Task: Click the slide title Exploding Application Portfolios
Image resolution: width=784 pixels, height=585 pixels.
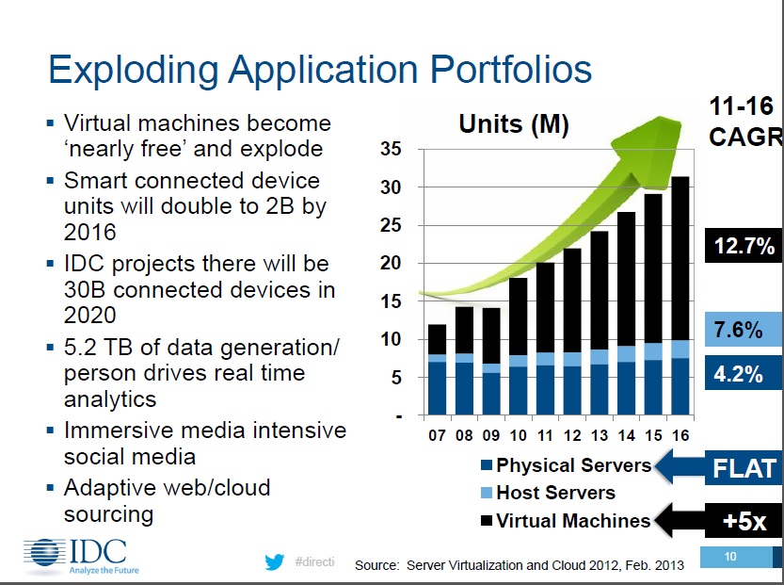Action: coord(320,71)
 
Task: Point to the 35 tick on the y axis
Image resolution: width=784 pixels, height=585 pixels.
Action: coord(392,150)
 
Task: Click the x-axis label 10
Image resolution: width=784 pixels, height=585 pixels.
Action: coord(519,437)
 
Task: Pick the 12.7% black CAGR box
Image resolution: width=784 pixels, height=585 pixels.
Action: coord(744,247)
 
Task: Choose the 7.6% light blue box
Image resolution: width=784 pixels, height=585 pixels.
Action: coord(744,330)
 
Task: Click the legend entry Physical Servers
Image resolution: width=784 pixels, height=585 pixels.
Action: coord(572,465)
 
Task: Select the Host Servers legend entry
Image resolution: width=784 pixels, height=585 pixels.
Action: coord(554,493)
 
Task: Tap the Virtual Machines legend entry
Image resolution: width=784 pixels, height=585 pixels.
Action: coord(572,520)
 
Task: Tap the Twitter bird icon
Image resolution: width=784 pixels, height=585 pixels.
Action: coord(275,561)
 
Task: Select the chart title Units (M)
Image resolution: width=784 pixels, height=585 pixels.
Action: coord(513,123)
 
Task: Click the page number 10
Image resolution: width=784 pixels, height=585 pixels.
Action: coord(731,558)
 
